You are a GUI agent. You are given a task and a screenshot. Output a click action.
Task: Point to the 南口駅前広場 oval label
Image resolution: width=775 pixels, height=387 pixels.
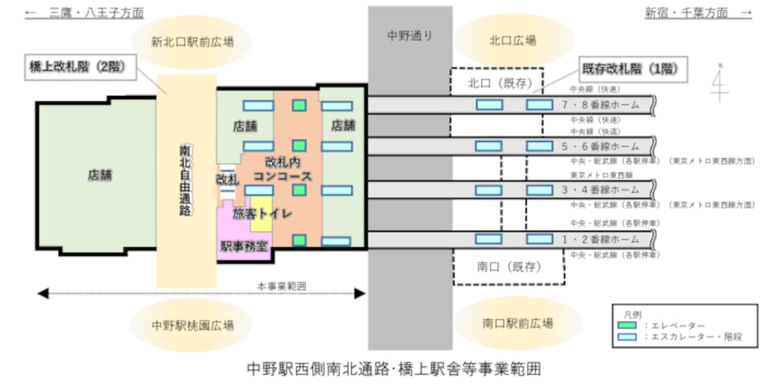tap(518, 323)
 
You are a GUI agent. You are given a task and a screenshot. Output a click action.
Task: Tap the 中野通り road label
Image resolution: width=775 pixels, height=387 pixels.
tap(409, 35)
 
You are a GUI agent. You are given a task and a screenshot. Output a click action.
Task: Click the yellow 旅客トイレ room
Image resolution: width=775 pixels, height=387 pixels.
tap(262, 214)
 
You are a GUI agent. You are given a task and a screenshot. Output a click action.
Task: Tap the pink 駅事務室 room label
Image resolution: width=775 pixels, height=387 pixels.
tap(243, 245)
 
